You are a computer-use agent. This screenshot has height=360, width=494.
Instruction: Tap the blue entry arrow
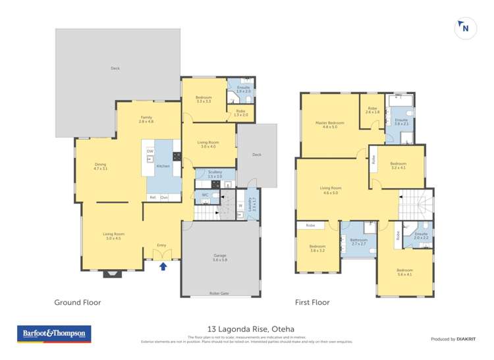163,266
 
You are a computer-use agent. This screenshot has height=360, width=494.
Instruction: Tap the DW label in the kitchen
150,151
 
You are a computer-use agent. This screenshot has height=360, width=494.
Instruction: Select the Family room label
146,119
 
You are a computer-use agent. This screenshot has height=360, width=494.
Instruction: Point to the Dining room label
100,166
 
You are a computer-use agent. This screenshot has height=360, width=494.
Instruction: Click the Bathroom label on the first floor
358,241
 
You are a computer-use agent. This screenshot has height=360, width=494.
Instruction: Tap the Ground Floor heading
77,303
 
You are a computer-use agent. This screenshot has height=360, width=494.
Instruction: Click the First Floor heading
312,303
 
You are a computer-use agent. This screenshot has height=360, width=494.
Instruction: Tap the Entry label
161,245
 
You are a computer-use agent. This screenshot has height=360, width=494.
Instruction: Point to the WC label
206,195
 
